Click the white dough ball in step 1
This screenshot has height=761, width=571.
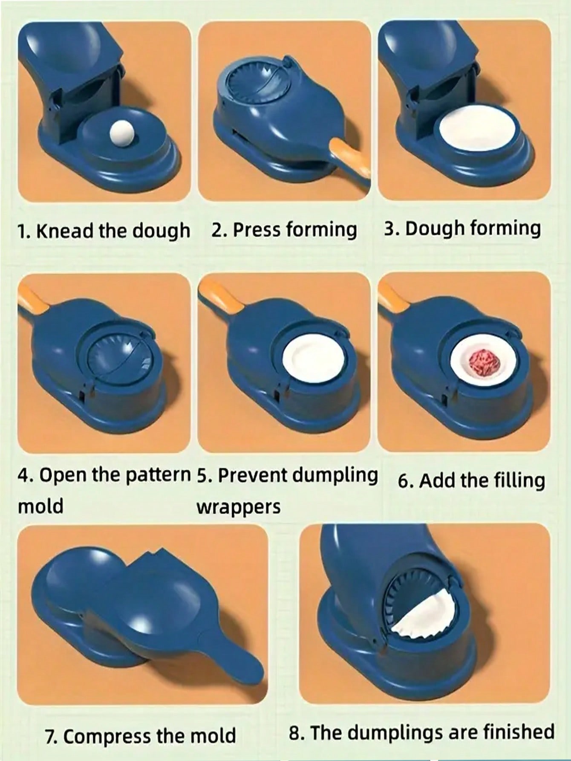pos(117,138)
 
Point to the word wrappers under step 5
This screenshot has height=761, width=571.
pos(238,507)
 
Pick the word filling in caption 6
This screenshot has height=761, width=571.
pos(519,480)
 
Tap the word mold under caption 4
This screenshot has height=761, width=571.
pos(40,506)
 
